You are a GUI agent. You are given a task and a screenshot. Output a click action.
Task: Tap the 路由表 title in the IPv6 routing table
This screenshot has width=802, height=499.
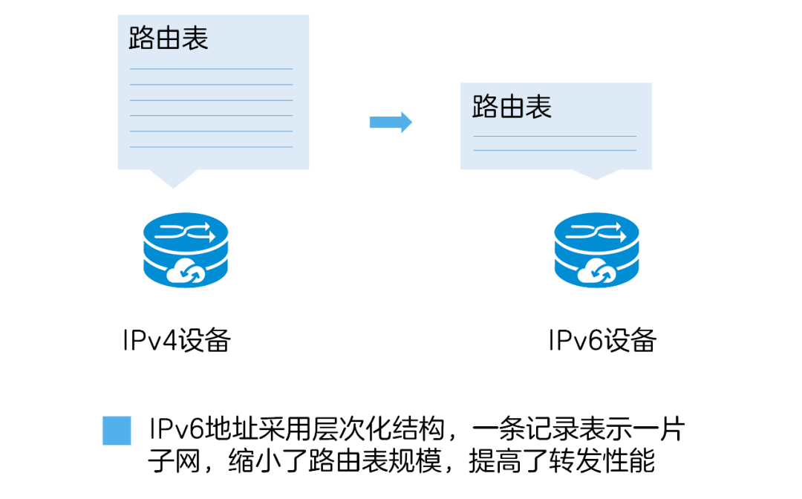click(512, 107)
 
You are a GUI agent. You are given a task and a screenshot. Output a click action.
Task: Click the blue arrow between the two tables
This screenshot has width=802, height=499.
click(391, 122)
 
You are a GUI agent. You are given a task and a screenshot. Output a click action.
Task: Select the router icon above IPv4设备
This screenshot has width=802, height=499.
click(185, 249)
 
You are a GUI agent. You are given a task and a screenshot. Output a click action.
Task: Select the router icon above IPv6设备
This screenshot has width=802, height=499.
click(596, 249)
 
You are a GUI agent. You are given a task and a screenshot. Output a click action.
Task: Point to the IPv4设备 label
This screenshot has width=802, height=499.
click(177, 341)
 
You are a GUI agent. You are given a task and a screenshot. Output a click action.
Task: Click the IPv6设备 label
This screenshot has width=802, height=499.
click(602, 341)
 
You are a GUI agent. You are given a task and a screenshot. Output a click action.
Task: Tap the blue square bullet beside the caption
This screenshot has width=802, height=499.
click(117, 431)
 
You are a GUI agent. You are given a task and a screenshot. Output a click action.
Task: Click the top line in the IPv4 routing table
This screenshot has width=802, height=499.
click(212, 69)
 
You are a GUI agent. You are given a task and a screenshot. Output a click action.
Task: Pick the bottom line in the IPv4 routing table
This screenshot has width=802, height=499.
click(212, 147)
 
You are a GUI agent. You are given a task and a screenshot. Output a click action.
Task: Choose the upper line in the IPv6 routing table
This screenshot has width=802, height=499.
click(555, 137)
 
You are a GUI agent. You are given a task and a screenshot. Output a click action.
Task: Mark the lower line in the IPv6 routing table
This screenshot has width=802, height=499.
click(555, 151)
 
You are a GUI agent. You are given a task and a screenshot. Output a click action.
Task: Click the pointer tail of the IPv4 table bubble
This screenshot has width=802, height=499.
click(174, 178)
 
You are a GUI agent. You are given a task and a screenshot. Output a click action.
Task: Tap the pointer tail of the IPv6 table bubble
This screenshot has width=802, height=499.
click(596, 175)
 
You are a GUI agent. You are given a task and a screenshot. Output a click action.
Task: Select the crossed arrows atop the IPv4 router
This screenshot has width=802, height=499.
click(185, 233)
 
